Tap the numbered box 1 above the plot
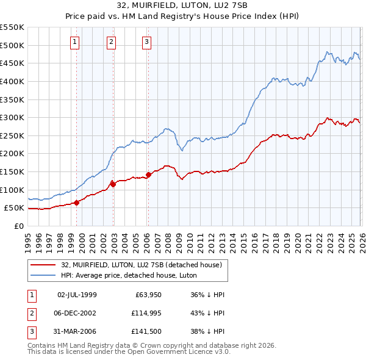74,42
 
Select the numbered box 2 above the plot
112,42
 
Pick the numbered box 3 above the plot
147,42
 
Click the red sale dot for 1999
76,203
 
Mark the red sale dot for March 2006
148,175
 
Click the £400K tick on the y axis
13,81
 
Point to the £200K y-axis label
13,154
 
